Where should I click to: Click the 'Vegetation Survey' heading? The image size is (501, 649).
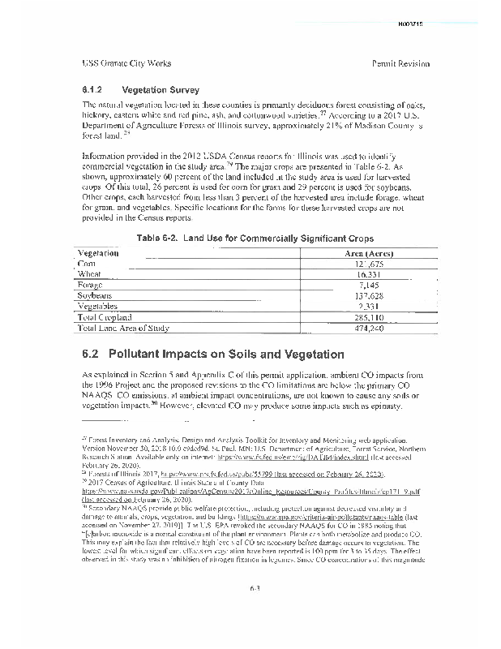point(160,89)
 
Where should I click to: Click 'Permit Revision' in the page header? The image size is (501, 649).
point(400,63)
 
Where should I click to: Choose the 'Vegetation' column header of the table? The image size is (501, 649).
point(98,253)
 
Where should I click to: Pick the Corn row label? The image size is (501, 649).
point(86,264)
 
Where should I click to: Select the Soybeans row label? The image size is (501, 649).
point(95,296)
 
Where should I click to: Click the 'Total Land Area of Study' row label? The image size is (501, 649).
point(123,329)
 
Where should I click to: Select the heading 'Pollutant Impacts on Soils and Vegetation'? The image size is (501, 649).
point(213,355)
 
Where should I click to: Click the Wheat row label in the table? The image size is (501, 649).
point(89,275)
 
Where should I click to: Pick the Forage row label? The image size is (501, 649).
point(90,286)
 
